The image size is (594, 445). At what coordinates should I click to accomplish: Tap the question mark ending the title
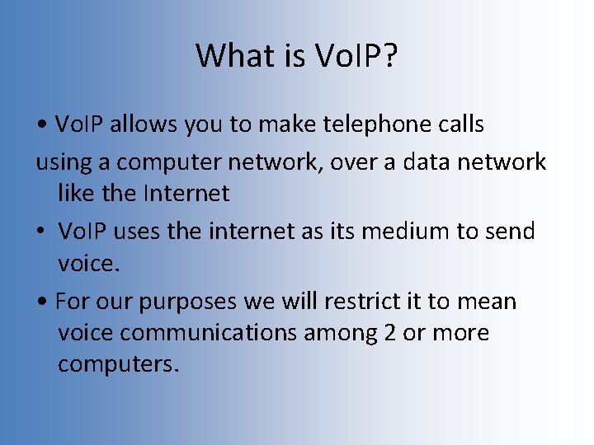(389, 55)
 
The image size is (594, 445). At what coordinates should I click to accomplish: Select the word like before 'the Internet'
(76, 194)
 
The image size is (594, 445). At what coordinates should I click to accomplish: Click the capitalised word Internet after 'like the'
(186, 194)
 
